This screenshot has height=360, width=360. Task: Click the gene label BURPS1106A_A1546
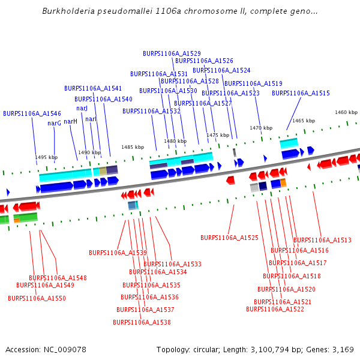click(32, 113)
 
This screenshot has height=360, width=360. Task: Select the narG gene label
click(55, 123)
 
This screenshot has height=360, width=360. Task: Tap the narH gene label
click(71, 121)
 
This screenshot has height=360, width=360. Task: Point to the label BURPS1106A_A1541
click(93, 88)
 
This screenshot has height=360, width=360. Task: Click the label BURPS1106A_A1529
click(172, 53)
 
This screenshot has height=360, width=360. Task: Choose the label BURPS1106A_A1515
click(301, 93)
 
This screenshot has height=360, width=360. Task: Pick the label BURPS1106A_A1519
click(253, 83)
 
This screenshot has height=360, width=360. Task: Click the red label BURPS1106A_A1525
click(229, 238)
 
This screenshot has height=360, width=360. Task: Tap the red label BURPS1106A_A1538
click(142, 322)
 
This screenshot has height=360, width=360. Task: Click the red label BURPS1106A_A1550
click(37, 298)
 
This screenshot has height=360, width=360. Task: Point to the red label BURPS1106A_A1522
click(275, 309)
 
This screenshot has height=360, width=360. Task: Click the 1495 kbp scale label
click(46, 157)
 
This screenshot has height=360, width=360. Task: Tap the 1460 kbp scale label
click(346, 112)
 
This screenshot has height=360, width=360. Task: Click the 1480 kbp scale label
click(175, 141)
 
